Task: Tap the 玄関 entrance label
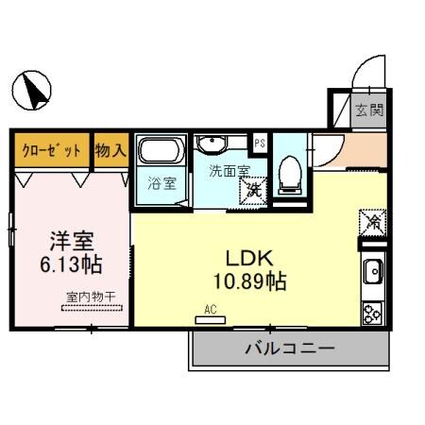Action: click(368, 110)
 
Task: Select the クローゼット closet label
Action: click(52, 149)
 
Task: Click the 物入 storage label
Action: click(110, 149)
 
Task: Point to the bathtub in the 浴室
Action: click(161, 151)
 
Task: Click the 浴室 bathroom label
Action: click(161, 183)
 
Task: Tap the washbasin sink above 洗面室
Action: click(213, 144)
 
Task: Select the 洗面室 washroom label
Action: click(229, 172)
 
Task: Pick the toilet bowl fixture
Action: click(291, 169)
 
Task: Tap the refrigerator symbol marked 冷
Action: click(372, 224)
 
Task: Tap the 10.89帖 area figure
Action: click(248, 280)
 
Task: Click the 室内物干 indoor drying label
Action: click(91, 297)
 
